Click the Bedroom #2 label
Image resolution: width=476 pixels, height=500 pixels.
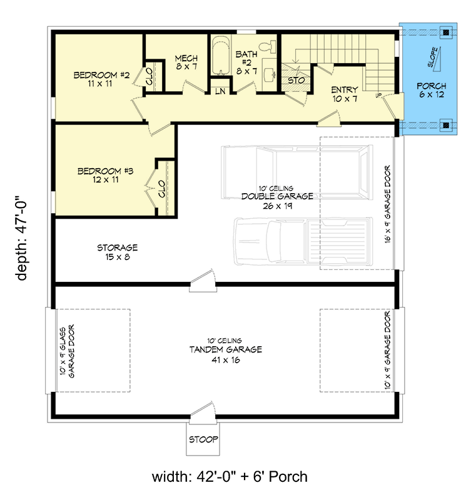coord(101,79)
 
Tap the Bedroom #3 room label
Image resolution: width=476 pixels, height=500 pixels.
coord(104,174)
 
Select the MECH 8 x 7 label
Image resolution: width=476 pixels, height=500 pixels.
coord(186,62)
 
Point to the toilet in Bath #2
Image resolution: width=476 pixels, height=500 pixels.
coord(268,46)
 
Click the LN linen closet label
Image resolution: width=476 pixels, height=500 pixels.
coord(220,91)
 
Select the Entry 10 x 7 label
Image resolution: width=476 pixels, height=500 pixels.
coord(345,94)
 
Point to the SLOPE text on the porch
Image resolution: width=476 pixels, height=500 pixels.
coord(432,58)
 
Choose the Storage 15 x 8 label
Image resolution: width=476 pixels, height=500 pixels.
coord(117,252)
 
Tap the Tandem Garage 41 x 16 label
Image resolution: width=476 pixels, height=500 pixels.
coord(226,354)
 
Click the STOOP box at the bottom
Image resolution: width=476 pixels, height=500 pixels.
coord(203,440)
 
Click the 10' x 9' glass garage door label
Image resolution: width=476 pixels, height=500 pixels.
coord(67,351)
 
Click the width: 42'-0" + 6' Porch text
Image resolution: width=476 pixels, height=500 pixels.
coord(230,477)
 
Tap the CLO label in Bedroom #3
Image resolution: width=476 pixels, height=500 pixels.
coord(161,189)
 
